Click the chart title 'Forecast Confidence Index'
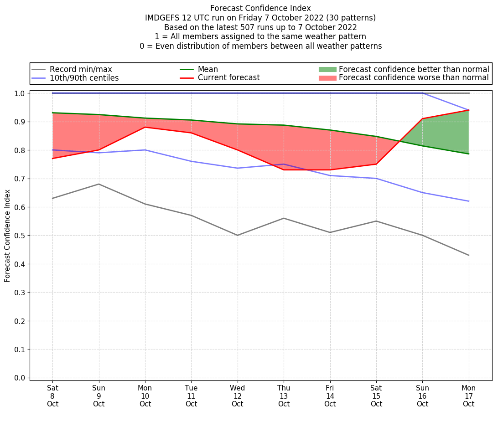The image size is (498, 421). coord(260,8)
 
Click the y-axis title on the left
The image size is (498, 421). coord(7,236)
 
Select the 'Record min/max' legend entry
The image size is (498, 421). coord(81,69)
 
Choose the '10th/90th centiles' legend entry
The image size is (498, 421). coord(84,78)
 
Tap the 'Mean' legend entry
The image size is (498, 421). coord(207,69)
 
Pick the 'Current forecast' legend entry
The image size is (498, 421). coord(228,78)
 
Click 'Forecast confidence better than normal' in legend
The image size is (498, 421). coord(414,69)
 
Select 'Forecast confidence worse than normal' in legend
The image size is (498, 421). coord(414,78)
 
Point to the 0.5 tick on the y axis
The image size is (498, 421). coord(21,236)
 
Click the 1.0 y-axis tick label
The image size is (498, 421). coord(21,93)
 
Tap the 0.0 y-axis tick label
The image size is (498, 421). coord(21,378)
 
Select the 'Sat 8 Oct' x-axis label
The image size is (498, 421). coord(52,395)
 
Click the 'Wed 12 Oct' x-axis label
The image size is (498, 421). coord(237,395)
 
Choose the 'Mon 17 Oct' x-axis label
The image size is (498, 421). coord(468,395)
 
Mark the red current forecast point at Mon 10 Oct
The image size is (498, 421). coord(145,127)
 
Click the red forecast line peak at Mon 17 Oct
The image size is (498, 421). coord(468,110)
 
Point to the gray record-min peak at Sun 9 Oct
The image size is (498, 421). coord(99,184)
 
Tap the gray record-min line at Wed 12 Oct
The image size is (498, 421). coord(237,235)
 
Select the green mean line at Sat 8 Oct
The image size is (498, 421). coord(52,113)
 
